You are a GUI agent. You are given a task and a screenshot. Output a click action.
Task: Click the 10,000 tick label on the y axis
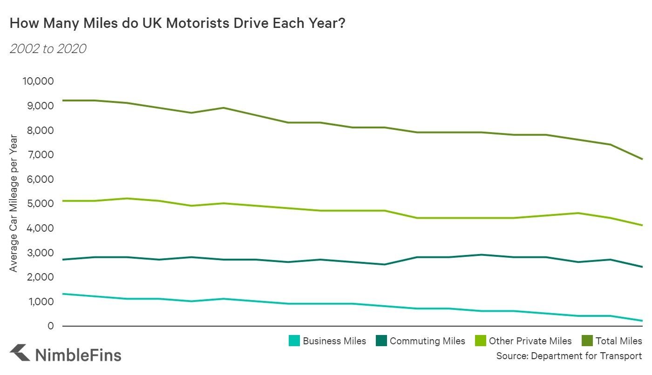[x=38, y=81]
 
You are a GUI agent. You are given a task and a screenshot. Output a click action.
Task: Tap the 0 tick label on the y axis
[x=51, y=326]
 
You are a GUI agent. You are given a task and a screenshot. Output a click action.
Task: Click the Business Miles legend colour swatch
[x=294, y=341]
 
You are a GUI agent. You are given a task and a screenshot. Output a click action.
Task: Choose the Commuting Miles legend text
[x=427, y=341]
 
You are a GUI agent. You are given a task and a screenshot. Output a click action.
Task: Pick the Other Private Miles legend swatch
[x=481, y=341]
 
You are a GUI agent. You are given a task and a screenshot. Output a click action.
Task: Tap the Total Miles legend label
[x=618, y=341]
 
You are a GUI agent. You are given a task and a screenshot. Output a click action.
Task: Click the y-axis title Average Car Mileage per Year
[x=14, y=203]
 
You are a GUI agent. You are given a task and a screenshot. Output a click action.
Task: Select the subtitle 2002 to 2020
[x=48, y=48]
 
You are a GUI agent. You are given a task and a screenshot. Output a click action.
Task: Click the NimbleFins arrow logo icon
[x=20, y=353]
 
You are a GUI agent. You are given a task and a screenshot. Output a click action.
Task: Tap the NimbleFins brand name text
[x=78, y=355]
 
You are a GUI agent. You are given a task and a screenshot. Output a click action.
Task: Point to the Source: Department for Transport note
[x=569, y=356]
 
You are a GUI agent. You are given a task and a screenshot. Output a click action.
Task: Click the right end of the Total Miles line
[x=642, y=159]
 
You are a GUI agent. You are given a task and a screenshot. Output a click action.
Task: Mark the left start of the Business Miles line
[x=62, y=294]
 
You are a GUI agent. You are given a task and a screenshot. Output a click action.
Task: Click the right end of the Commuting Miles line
[x=642, y=267]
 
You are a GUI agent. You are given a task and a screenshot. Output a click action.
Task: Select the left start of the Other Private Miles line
[x=62, y=201]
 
